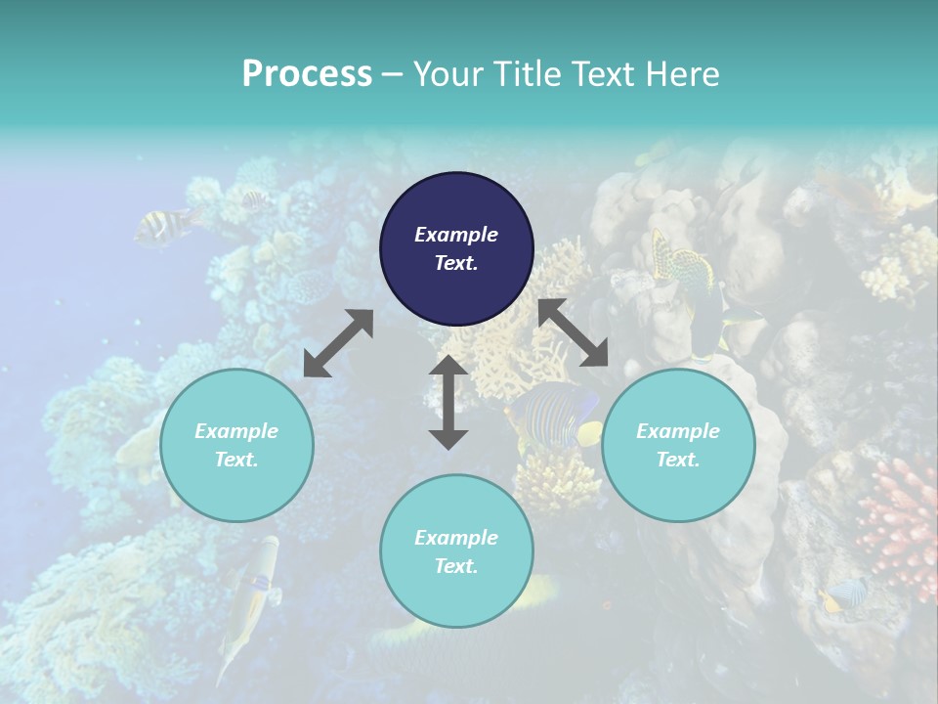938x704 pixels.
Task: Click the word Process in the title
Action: point(307,74)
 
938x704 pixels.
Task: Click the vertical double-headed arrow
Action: point(448,402)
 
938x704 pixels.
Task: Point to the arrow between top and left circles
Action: point(338,343)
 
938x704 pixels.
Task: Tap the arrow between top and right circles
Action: point(573,332)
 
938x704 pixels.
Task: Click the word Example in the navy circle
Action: point(456,235)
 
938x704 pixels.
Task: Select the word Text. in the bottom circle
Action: point(456,566)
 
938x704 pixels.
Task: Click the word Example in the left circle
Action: point(236,431)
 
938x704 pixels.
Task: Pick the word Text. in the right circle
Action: point(678,460)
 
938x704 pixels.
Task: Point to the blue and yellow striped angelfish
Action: point(557,416)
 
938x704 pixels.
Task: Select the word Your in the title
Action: point(444,74)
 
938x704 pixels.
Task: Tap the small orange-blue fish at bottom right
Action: point(844,594)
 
